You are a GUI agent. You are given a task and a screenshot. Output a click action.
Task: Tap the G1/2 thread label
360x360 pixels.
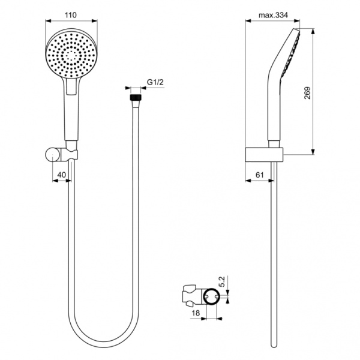[155, 84]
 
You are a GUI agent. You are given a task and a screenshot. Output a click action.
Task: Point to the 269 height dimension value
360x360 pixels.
[308, 93]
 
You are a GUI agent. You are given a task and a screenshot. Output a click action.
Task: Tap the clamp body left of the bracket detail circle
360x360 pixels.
[191, 295]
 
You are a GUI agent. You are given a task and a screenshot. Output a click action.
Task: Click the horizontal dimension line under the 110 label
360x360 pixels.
[71, 23]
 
